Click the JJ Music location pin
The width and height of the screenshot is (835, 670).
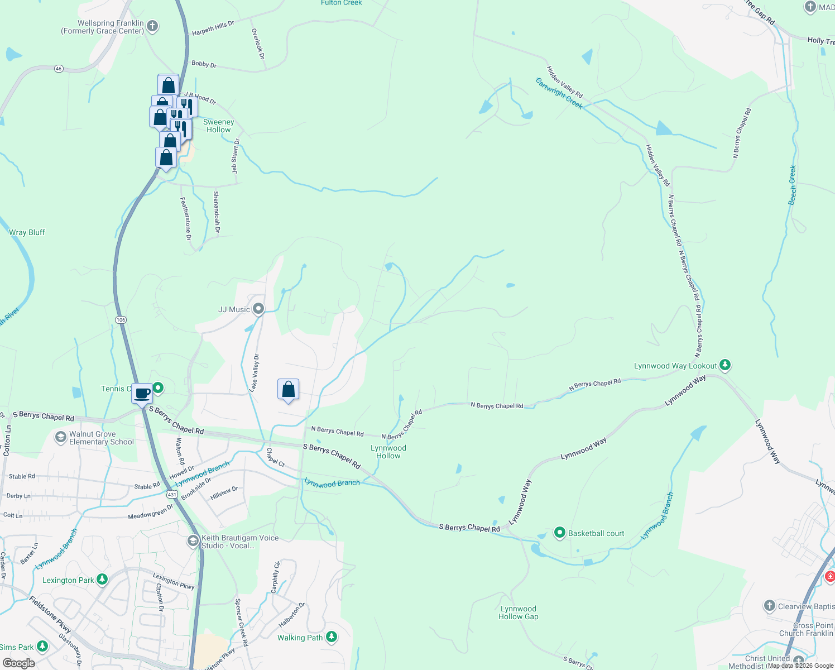[258, 308]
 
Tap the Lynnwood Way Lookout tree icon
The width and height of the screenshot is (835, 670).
[724, 365]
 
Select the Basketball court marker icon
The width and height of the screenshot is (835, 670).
[559, 533]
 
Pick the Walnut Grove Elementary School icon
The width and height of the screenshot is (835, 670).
[61, 437]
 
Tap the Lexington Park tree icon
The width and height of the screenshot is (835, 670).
[102, 580]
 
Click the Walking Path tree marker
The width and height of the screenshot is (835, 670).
[332, 637]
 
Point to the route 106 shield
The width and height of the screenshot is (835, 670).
[121, 320]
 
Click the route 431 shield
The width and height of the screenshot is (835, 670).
[171, 495]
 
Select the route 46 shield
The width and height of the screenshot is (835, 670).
[59, 69]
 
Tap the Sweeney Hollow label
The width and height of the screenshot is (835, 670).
[218, 126]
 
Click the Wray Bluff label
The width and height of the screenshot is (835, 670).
[27, 232]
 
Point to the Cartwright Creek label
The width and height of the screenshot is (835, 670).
[559, 93]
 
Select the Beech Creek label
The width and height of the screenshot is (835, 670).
[792, 185]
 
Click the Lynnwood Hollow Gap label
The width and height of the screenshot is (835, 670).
[518, 612]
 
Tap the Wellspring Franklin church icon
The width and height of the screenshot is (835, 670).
[152, 26]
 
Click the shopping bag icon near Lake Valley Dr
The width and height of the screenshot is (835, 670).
[288, 389]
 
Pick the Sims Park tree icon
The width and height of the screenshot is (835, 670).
[42, 647]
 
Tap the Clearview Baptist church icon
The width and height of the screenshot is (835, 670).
[769, 606]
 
